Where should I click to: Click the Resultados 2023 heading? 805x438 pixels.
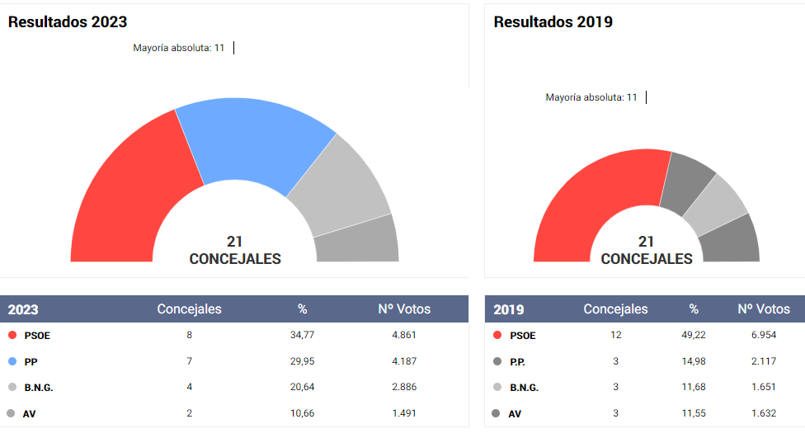pyautogui.click(x=68, y=22)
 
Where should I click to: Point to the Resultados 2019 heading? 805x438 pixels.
pyautogui.click(x=553, y=22)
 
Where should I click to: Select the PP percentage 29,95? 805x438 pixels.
pyautogui.click(x=302, y=361)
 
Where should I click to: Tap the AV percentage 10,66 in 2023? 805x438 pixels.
pyautogui.click(x=302, y=413)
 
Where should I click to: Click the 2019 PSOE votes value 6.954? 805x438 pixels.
pyautogui.click(x=763, y=336)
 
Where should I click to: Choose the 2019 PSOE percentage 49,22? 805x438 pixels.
pyautogui.click(x=694, y=336)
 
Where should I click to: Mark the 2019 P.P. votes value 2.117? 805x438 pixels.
pyautogui.click(x=763, y=361)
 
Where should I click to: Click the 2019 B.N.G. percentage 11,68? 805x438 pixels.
pyautogui.click(x=694, y=387)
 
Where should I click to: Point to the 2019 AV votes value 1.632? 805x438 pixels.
pyautogui.click(x=763, y=413)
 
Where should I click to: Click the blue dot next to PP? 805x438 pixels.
pyautogui.click(x=12, y=361)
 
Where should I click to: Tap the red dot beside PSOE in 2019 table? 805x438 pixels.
pyautogui.click(x=497, y=336)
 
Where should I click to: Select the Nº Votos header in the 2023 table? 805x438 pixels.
pyautogui.click(x=404, y=309)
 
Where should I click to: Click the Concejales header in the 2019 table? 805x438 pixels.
pyautogui.click(x=615, y=309)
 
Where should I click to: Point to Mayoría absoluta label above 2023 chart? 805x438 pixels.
pyautogui.click(x=179, y=48)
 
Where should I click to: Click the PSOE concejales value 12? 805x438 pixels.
pyautogui.click(x=615, y=336)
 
